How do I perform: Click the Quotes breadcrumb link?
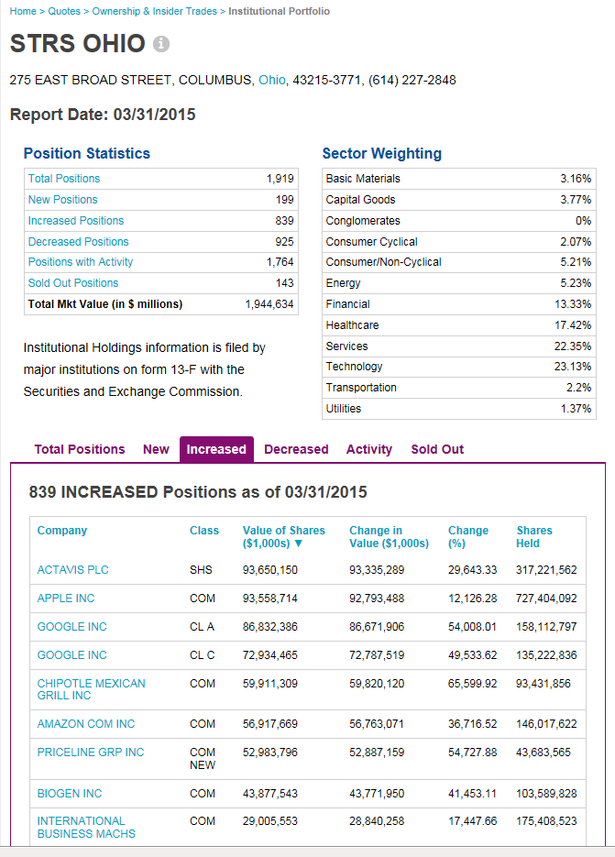pyautogui.click(x=63, y=11)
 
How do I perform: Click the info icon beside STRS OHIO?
pyautogui.click(x=161, y=44)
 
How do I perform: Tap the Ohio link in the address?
pyautogui.click(x=272, y=80)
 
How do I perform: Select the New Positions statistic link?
pyautogui.click(x=62, y=200)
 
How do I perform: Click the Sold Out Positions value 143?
pyautogui.click(x=284, y=283)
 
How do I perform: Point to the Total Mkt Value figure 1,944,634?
pyautogui.click(x=269, y=304)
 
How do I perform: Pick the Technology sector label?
pyautogui.click(x=354, y=367)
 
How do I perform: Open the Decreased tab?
pyautogui.click(x=296, y=449)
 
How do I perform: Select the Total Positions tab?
pyautogui.click(x=80, y=449)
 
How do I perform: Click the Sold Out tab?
pyautogui.click(x=437, y=449)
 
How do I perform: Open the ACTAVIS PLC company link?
pyautogui.click(x=72, y=570)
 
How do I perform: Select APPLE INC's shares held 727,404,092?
pyautogui.click(x=546, y=599)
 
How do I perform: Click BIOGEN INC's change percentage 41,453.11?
pyautogui.click(x=472, y=794)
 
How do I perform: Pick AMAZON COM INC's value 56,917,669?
pyautogui.click(x=269, y=724)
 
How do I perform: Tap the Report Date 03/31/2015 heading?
pyautogui.click(x=103, y=115)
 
